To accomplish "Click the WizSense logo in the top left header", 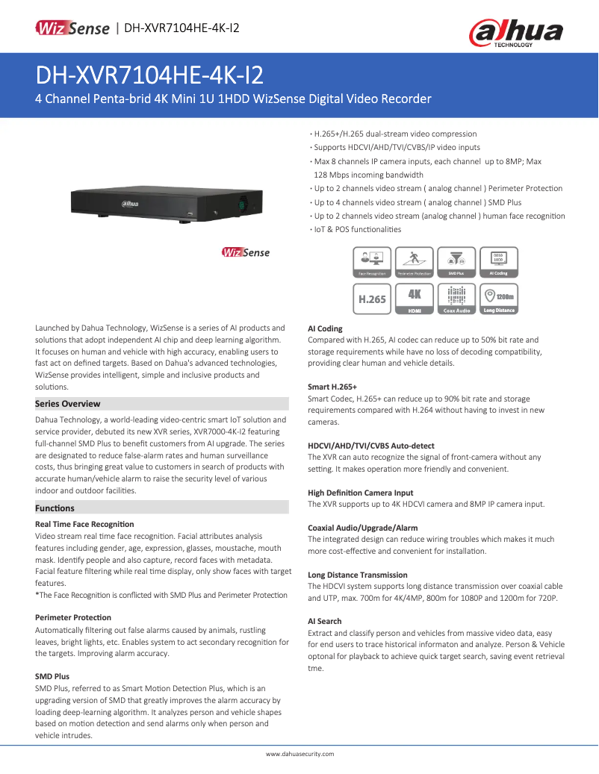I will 72,28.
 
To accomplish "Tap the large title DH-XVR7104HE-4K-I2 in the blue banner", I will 149,75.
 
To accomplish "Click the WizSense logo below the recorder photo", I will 246,252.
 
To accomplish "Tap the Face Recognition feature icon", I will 372,263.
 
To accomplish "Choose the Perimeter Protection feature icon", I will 414,263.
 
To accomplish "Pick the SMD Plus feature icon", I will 456,263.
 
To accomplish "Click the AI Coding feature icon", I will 498,263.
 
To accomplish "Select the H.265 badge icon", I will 372,299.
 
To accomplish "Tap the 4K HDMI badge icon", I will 415,299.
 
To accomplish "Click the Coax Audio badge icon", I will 456,299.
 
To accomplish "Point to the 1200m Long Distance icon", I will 499,299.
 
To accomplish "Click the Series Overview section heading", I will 68,404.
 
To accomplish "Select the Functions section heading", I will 55,508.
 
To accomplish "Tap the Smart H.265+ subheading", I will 332,387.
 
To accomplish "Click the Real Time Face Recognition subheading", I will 84,525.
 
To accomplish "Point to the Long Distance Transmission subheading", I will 358,575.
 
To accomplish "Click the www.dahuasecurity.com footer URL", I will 299,755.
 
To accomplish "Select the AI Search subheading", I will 325,621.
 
